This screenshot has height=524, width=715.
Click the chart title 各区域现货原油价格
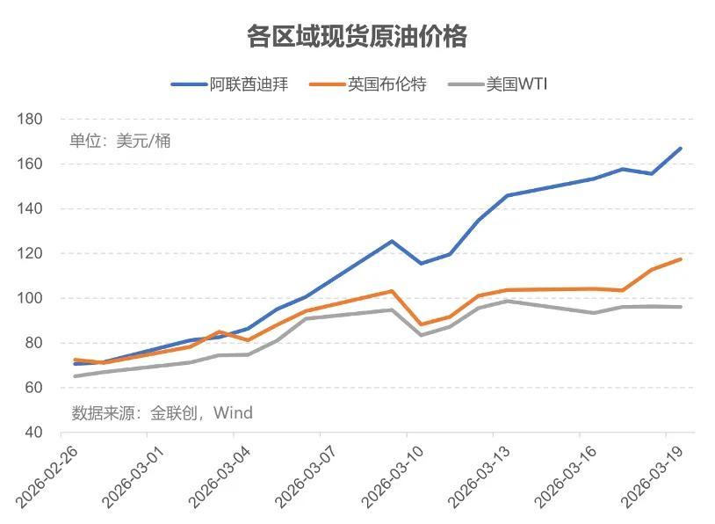coord(357,37)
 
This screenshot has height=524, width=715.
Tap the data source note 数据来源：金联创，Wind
coord(162,412)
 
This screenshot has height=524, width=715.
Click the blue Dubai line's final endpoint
coord(681,149)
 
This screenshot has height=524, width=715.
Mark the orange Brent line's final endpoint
coord(681,258)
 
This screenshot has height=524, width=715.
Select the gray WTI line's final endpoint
coord(681,307)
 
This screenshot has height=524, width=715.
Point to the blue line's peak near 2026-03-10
coord(392,241)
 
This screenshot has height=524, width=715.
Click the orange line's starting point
coord(75,359)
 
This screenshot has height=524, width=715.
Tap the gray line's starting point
coord(75,376)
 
